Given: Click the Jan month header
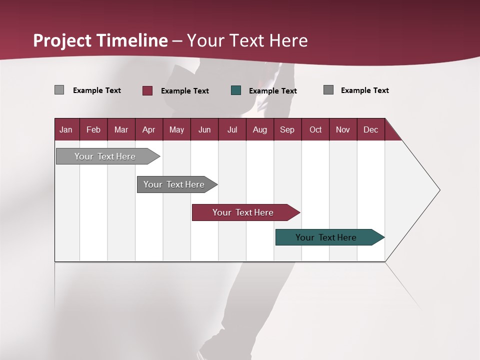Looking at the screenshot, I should (66, 129).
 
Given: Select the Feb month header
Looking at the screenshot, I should (93, 129).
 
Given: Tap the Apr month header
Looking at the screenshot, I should (148, 129).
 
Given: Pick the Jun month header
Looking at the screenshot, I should (204, 129).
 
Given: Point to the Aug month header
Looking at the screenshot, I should (259, 129).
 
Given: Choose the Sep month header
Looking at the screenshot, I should (287, 129).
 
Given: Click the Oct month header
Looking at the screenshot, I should (315, 129).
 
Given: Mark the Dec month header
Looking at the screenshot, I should (370, 129).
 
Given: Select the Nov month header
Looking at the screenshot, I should (343, 129).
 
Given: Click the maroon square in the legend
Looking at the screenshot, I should (147, 90).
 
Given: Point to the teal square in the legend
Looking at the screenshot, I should (236, 90).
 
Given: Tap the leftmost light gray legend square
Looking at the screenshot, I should (59, 90).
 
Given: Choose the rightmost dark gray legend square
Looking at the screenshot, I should (328, 90).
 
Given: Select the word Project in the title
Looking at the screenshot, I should (62, 40).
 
